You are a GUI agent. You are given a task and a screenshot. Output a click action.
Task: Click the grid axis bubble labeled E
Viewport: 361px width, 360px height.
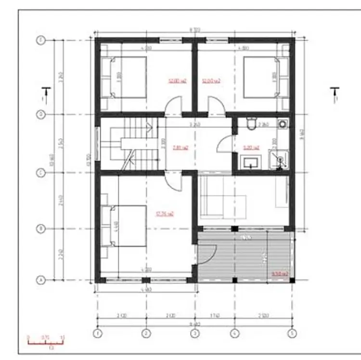point(41,41)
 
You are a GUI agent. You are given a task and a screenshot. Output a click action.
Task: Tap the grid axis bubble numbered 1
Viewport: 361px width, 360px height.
point(98,333)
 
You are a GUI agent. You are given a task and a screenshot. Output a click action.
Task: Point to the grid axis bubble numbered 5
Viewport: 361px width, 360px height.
point(291,333)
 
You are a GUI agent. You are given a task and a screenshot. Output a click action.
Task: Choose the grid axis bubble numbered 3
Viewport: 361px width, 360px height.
point(194,333)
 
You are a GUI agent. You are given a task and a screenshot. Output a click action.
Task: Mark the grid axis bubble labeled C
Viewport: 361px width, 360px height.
point(41,172)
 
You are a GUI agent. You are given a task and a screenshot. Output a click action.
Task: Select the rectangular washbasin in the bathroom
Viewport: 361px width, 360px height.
point(250,161)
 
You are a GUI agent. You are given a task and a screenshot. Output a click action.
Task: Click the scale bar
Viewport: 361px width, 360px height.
point(46,342)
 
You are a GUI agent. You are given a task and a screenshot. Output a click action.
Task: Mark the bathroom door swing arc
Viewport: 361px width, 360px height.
point(224,143)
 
